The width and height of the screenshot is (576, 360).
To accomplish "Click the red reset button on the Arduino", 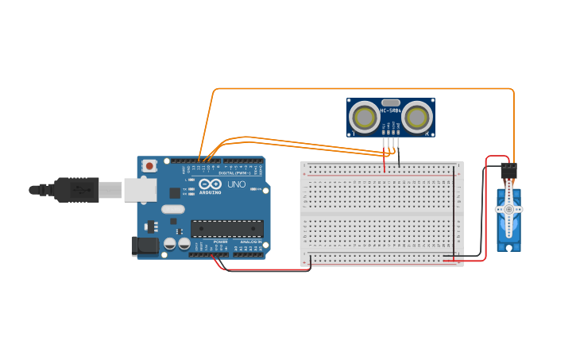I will [149, 166].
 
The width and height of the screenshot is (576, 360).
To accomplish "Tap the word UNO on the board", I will [237, 184].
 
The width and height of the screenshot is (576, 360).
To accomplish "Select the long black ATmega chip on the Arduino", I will [226, 229].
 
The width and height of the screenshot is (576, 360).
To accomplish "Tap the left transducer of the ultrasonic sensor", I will [365, 118].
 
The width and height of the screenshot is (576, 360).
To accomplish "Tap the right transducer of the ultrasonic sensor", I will [416, 118].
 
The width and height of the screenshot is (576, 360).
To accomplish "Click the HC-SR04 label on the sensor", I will [391, 110].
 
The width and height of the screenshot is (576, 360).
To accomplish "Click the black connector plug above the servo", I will [508, 171].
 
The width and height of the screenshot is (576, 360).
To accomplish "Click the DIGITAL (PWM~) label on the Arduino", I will [234, 172].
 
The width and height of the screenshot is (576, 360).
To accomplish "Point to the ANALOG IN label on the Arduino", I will [249, 242].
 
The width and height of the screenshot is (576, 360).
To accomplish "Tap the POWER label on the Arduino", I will [220, 242].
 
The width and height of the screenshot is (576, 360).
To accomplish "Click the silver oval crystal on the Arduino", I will [172, 210].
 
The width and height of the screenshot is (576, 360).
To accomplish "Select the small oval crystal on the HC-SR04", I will [390, 102].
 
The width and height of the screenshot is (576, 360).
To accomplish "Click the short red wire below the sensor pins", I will [385, 163].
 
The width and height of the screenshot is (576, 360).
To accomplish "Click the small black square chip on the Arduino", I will [175, 192].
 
